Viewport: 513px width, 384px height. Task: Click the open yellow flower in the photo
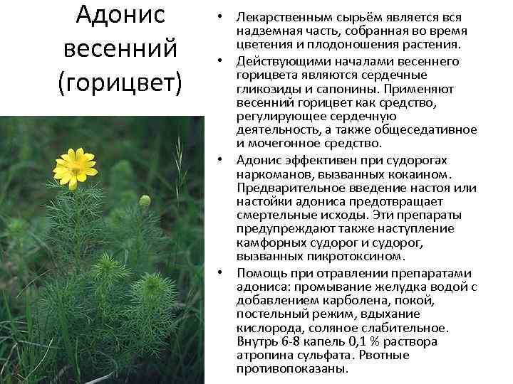coord(75,167)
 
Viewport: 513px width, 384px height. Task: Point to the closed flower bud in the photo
coord(145,201)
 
